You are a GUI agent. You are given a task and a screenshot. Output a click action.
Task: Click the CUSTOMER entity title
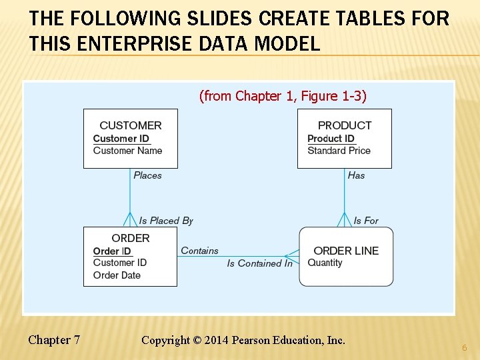130,125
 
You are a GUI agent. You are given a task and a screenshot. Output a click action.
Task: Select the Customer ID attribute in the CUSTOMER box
121,139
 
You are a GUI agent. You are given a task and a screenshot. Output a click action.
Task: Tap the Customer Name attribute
127,151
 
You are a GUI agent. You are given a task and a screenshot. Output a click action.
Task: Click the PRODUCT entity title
345,125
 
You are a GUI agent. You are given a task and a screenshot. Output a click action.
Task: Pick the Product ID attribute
331,139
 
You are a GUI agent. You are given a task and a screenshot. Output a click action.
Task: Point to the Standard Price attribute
339,151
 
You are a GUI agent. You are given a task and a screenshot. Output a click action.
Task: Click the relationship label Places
147,175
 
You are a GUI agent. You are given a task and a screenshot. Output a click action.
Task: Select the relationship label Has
356,175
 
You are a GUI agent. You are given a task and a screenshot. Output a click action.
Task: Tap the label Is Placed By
166,221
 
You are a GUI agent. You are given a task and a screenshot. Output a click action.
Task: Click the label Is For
366,221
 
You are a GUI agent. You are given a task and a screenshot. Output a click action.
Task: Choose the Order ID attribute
112,251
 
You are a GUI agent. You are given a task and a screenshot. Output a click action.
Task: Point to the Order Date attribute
117,275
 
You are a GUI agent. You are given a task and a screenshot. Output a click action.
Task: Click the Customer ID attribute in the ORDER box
120,263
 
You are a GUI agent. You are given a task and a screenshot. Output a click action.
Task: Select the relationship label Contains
199,251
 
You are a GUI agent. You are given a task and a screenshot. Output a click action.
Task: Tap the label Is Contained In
259,263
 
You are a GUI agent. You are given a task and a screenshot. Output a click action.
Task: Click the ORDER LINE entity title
345,251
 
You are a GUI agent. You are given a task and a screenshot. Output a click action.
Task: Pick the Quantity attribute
325,263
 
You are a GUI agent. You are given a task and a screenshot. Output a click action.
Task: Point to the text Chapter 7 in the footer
54,340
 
